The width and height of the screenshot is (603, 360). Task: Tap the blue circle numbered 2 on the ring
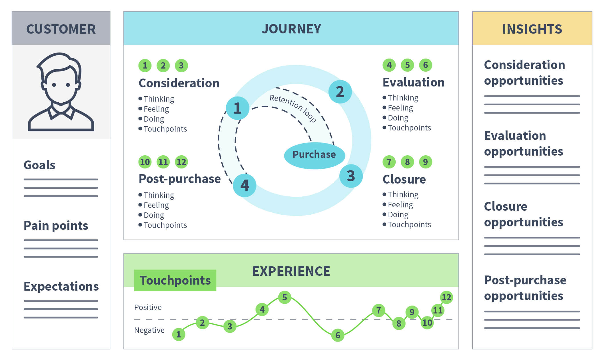click(x=340, y=92)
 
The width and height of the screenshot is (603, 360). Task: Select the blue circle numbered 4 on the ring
click(x=245, y=185)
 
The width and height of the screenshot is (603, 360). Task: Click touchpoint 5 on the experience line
click(x=285, y=297)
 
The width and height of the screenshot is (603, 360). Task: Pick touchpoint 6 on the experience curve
click(x=338, y=335)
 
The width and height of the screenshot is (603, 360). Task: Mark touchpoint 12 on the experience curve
click(x=446, y=297)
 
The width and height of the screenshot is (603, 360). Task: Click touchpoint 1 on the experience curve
click(x=179, y=334)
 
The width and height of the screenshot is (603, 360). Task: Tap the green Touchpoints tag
click(x=175, y=280)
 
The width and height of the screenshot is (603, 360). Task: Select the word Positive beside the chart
click(x=148, y=307)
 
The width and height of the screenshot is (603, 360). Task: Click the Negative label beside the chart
click(x=149, y=330)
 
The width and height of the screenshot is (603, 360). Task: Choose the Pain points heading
click(x=56, y=226)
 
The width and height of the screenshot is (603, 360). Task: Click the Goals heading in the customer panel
click(x=39, y=165)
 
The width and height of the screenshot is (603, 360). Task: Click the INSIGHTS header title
click(x=532, y=29)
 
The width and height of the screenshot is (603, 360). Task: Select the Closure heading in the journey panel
click(x=404, y=179)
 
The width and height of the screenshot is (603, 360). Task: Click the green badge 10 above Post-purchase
click(x=145, y=162)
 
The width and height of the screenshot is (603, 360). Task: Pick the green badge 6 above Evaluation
click(x=425, y=65)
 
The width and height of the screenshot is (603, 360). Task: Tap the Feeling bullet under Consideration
click(x=156, y=109)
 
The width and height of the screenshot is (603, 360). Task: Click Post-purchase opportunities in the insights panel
click(x=525, y=288)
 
